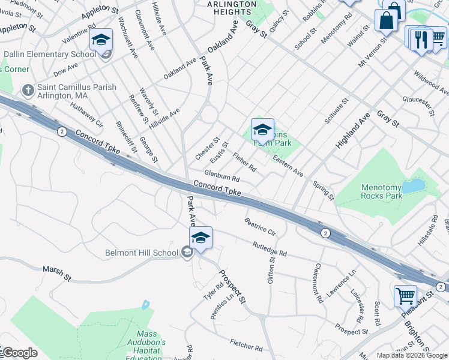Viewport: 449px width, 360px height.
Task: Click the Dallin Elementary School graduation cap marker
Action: point(101,40)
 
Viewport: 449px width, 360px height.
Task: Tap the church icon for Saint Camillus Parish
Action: point(27,90)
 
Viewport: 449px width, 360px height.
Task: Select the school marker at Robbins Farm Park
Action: point(262,130)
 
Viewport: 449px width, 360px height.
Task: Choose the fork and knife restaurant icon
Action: point(421,40)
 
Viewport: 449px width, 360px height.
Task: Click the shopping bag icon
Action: point(387,20)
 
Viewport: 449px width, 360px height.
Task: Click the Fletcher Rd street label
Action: point(246,344)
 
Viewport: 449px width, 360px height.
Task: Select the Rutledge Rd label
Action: point(270,249)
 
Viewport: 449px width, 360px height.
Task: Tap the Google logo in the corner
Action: point(19,353)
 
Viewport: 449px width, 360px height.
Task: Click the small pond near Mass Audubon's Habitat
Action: point(145,305)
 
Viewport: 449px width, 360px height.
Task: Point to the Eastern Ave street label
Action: point(288,166)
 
